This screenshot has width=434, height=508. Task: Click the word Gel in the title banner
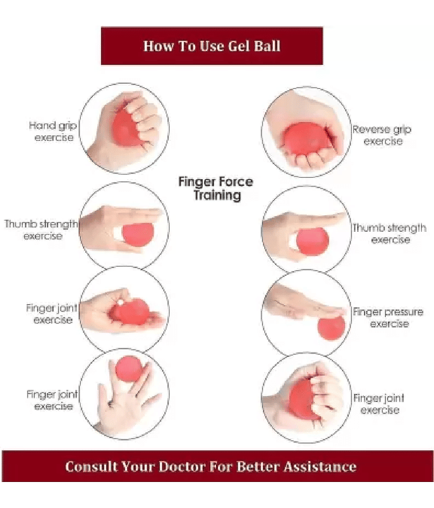pos(239,46)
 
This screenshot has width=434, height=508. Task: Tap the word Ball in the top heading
pos(268,46)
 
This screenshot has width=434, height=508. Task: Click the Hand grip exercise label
pos(53,131)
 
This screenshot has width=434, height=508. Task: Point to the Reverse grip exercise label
pos(382,135)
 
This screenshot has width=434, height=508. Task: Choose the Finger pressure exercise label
pos(388,317)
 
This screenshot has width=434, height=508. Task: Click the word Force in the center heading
pos(236,182)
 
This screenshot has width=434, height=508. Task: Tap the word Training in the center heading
pos(217,196)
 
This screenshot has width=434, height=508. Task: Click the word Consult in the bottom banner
pos(92,467)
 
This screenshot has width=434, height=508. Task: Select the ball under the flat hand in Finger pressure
pos(331,328)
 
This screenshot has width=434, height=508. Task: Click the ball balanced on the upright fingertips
pos(129,369)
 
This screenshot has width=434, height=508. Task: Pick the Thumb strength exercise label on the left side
pos(41,230)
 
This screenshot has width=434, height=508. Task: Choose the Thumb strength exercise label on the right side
pos(390,234)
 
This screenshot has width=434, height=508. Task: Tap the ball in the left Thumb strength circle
pos(138,233)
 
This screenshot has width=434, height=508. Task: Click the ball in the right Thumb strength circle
pos(313,241)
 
